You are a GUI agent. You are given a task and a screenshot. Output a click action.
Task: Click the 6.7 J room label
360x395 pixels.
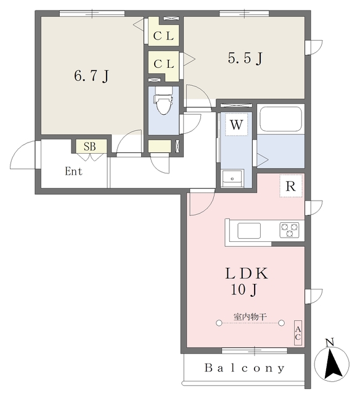point(92,75)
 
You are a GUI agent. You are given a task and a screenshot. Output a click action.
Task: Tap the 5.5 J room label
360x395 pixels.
point(245,58)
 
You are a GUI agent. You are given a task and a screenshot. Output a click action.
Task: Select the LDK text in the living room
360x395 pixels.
point(247,273)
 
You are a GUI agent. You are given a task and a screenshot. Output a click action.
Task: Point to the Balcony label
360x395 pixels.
point(245,368)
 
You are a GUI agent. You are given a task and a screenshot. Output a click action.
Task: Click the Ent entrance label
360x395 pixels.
point(73,172)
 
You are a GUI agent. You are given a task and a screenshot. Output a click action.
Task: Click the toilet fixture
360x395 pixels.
point(163,100)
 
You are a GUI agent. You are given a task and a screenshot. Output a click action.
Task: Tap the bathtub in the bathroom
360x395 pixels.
point(280,119)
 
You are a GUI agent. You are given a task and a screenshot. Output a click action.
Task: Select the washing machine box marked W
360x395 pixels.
point(237,125)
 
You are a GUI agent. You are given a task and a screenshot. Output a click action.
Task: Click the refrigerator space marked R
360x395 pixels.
point(291,186)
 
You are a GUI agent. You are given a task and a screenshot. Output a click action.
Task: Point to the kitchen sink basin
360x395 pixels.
point(249,231)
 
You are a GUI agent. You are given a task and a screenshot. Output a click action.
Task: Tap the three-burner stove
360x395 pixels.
point(289,230)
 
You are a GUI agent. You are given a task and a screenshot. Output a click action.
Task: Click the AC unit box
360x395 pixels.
point(298,333)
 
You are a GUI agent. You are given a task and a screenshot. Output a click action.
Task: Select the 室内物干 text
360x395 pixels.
point(250,317)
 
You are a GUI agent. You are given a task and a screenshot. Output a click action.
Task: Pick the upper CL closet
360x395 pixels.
point(163,31)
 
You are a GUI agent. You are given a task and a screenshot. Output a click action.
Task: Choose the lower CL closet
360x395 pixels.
point(163,66)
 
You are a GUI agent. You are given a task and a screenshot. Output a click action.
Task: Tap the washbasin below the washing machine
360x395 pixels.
point(232,178)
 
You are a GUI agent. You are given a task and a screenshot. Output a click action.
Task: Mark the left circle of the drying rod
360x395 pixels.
point(219,323)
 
